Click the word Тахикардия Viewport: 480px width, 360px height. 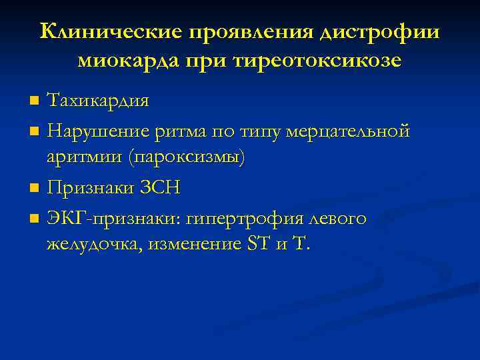(x=98, y=101)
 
